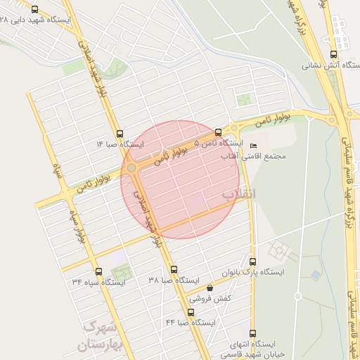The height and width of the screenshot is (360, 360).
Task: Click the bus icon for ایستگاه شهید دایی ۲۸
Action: tap(35, 10)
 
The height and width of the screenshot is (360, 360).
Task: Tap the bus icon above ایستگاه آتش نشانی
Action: tap(333, 53)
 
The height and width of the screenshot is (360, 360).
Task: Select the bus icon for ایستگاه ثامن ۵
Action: tap(218, 132)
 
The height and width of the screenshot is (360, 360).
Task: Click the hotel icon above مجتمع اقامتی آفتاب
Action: tap(254, 146)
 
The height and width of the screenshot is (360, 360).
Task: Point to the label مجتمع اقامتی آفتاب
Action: tap(255, 155)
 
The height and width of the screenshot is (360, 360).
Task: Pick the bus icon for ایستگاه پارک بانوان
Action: tap(252, 260)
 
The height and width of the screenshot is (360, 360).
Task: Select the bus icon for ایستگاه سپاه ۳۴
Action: tap(98, 271)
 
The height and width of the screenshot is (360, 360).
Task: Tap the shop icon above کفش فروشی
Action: tap(210, 288)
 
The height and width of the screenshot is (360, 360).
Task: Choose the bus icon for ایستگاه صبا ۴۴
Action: tap(191, 311)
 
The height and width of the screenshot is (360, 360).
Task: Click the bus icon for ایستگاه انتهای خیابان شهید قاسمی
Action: tap(252, 333)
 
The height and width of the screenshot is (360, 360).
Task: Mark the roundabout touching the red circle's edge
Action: tap(131, 168)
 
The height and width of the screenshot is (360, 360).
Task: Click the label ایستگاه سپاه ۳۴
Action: tap(98, 282)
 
